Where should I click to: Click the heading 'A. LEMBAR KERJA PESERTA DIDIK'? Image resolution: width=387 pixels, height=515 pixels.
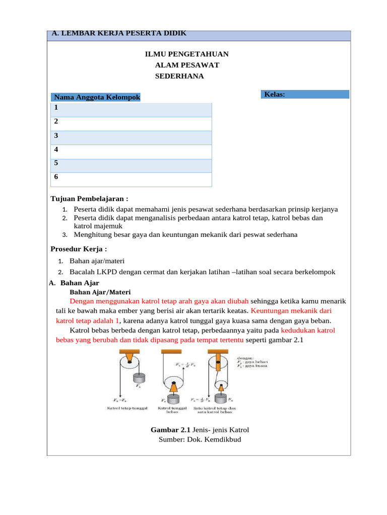[119, 33]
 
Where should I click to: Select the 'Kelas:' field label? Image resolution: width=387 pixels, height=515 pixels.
[275, 94]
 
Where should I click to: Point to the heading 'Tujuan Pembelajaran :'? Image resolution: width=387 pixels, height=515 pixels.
[90, 199]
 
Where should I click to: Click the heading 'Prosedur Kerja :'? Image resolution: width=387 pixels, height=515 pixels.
[79, 249]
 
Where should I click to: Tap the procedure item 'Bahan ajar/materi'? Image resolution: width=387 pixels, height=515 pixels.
[97, 261]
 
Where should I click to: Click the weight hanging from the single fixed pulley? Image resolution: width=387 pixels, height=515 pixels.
[138, 378]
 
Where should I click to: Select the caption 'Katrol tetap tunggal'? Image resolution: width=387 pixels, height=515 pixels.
[126, 408]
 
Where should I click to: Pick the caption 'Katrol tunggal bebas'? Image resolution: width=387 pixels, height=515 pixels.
[173, 410]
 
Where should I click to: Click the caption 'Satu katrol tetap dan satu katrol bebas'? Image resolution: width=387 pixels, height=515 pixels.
[215, 410]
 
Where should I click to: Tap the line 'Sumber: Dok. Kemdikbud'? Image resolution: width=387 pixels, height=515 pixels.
[200, 440]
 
